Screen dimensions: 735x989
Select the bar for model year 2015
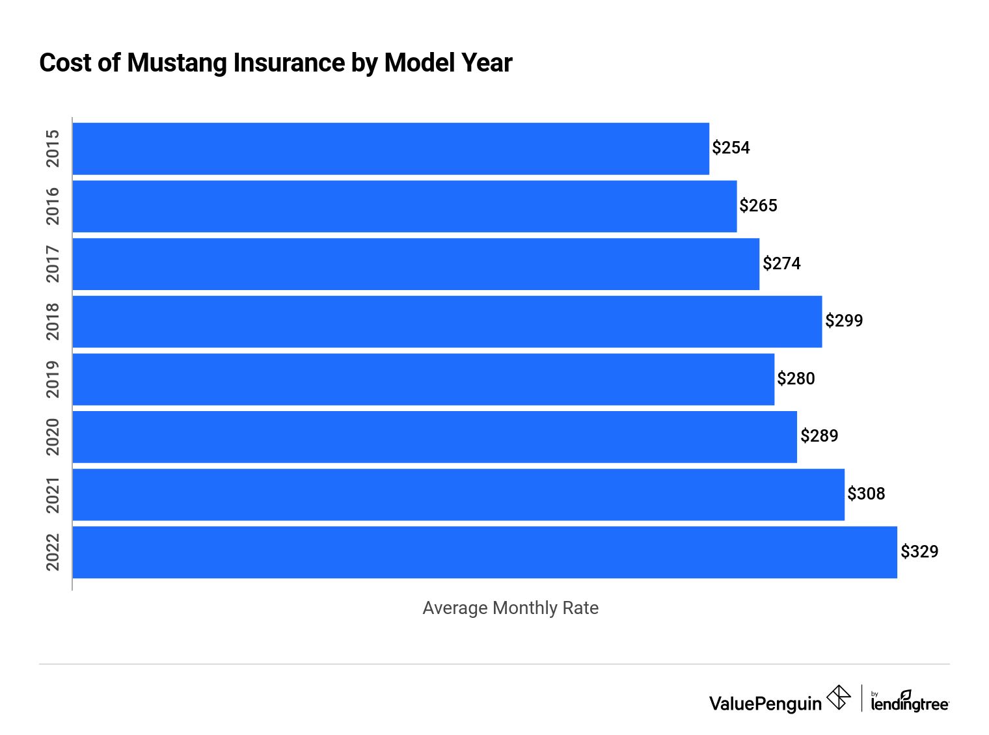(x=390, y=148)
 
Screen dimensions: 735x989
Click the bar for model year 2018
(x=447, y=321)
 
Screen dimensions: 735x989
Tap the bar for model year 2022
(x=485, y=552)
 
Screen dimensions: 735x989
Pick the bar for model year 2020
(x=435, y=436)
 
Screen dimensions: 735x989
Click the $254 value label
(x=731, y=148)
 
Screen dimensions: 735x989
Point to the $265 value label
(x=758, y=206)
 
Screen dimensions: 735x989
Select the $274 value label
(x=781, y=263)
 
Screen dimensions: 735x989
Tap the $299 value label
(x=844, y=321)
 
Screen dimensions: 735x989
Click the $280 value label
(x=796, y=379)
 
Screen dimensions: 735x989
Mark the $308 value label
(x=866, y=494)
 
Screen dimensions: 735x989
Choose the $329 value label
(x=919, y=552)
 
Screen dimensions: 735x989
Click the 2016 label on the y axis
(x=53, y=206)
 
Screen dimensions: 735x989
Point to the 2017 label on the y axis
(x=53, y=263)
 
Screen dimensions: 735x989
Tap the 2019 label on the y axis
(x=53, y=379)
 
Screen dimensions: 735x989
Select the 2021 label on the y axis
(x=53, y=494)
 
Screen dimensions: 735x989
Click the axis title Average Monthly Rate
(x=510, y=608)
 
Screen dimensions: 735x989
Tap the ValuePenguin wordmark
(x=765, y=703)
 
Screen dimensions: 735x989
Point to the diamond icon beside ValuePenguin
(x=839, y=698)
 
